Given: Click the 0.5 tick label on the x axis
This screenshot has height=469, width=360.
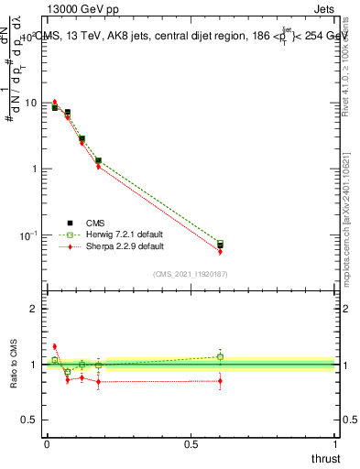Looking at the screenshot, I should point(191,443).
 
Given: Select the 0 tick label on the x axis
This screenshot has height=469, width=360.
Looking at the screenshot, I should point(46,443).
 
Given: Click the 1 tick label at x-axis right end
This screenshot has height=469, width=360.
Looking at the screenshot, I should point(335,443).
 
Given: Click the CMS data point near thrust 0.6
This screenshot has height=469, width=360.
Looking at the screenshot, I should point(220,245).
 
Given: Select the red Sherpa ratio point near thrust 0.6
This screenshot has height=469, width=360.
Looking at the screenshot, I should point(220,380).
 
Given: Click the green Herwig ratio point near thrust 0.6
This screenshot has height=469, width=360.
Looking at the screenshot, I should point(220,356).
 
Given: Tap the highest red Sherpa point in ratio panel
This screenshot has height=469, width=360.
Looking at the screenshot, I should point(54,346).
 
